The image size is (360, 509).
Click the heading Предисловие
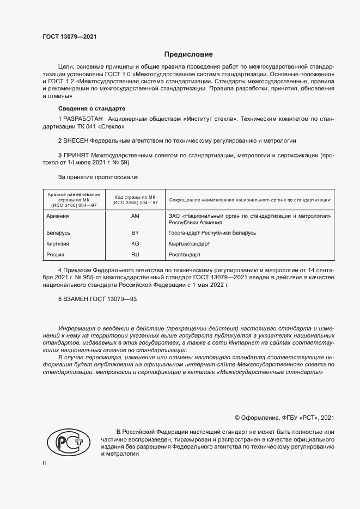coord(188,54)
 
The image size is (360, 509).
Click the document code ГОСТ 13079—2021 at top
coord(70,37)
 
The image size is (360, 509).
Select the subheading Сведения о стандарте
coord(91,108)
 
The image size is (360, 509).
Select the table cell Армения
coord(58,216)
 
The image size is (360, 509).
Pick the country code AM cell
coord(135,216)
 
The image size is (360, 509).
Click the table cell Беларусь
coord(59,233)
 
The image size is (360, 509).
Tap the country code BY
coord(135,233)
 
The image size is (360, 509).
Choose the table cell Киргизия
coord(59,244)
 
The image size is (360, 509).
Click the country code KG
coord(135,244)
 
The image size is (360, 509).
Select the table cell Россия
coord(56,254)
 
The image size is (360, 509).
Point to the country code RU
coord(135,254)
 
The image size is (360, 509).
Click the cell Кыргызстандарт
coord(189,244)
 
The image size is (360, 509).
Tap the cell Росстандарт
coord(185,254)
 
